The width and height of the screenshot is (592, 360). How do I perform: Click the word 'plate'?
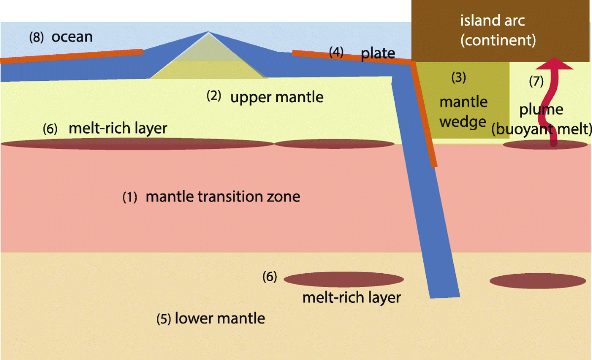pyautogui.click(x=378, y=53)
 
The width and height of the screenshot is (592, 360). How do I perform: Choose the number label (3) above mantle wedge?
pyautogui.click(x=459, y=77)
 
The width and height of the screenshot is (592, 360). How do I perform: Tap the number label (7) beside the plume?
pyautogui.click(x=536, y=82)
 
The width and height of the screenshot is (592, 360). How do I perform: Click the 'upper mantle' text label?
pyautogui.click(x=277, y=97)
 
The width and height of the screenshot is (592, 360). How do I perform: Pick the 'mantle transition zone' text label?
pyautogui.click(x=223, y=197)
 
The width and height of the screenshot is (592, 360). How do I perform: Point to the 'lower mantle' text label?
pyautogui.click(x=220, y=318)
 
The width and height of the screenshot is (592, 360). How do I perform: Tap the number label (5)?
pyautogui.click(x=164, y=319)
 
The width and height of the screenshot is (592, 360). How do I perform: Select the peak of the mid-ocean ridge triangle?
pyautogui.click(x=208, y=33)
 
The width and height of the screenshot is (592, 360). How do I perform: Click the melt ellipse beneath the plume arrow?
pyautogui.click(x=545, y=145)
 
